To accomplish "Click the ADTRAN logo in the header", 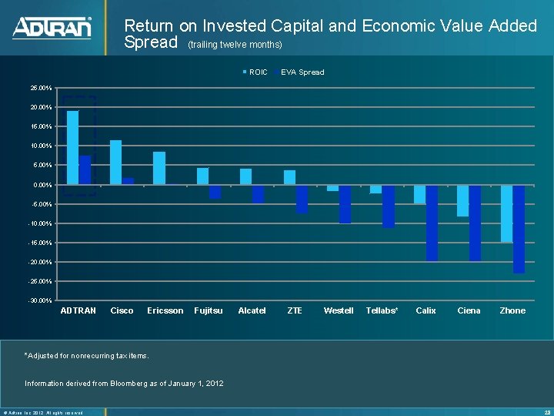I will coord(52,28).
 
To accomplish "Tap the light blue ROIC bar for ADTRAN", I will coord(72,148).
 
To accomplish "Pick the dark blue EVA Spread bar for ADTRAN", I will coord(85,170).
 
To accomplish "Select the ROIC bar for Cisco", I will coord(115,163).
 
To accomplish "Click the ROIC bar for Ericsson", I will coord(159,168).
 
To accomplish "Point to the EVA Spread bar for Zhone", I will coord(519,229).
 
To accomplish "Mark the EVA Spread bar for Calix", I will coord(432,223).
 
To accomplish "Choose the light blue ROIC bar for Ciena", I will coord(462,200).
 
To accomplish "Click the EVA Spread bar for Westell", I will coord(345,204).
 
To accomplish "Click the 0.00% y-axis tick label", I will coord(42,185).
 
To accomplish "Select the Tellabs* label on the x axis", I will coord(382,310).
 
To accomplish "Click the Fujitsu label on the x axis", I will coord(209,310).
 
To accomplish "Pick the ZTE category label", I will coord(294,310).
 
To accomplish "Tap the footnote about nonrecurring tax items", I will coord(87,355).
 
